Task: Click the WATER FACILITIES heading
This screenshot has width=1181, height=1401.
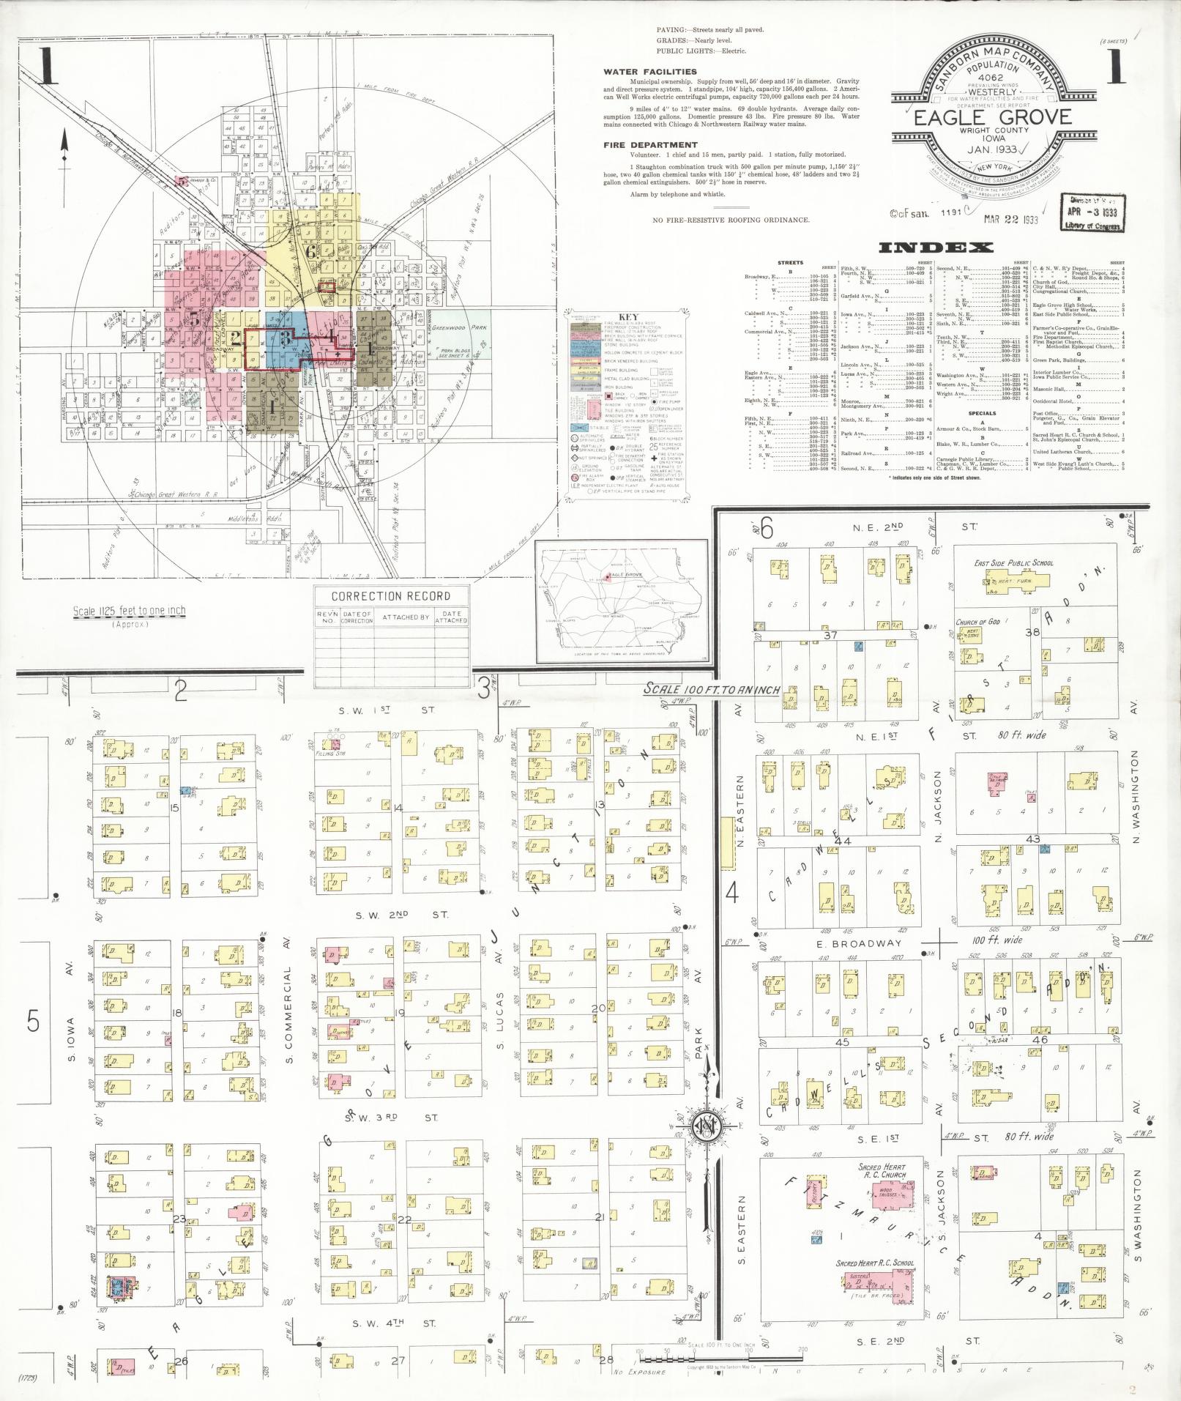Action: [649, 72]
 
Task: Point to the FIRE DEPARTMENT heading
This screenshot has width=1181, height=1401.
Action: [650, 145]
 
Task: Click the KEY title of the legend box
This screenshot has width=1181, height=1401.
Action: [628, 317]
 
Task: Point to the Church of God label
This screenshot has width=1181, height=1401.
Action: [977, 622]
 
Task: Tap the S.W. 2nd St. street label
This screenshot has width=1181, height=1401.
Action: [402, 915]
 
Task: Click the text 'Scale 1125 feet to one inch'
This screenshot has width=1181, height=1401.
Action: [129, 611]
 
